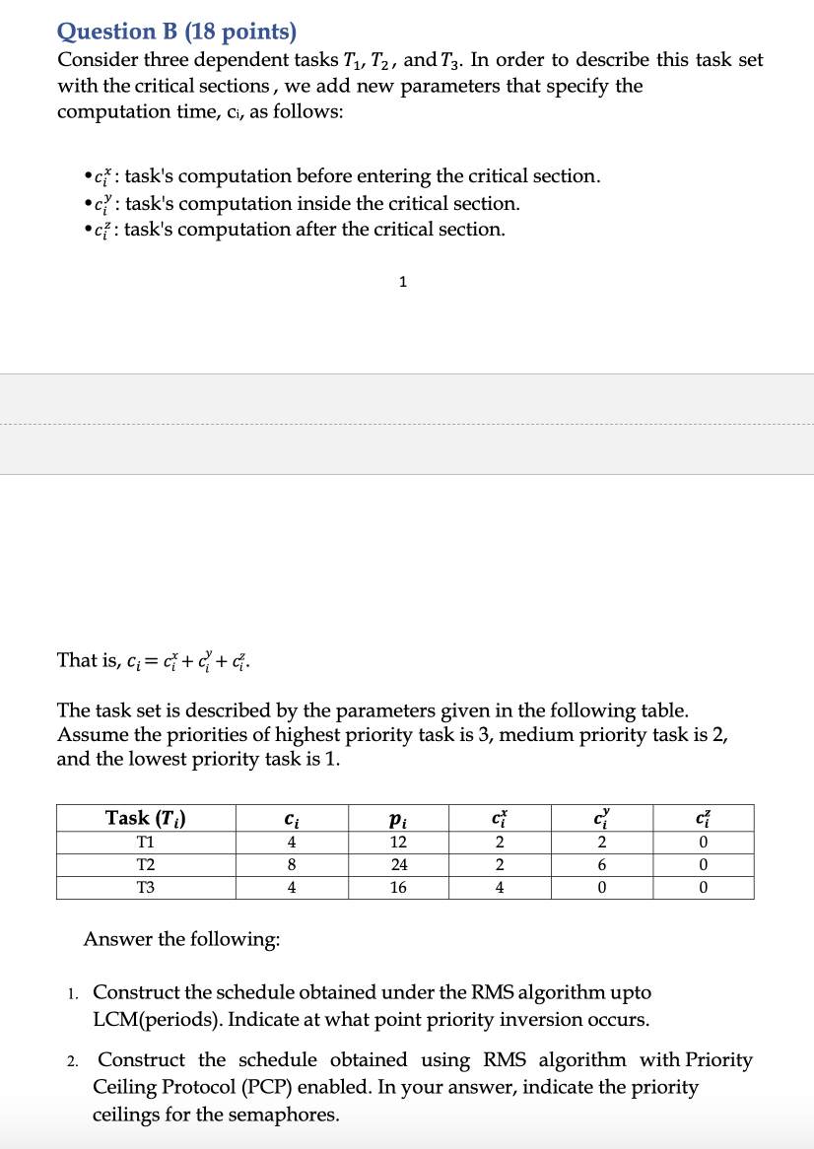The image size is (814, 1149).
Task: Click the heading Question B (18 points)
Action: [176, 32]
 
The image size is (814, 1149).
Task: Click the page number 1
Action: [402, 282]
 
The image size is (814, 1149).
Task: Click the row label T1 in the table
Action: [146, 842]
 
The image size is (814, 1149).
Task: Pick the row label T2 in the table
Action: [146, 864]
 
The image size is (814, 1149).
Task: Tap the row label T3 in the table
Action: [146, 887]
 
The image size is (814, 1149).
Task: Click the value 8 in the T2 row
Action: [291, 864]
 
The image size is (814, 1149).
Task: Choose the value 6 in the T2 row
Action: [602, 864]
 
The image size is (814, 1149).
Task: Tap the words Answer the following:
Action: [181, 939]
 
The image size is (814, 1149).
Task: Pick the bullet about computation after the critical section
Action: [296, 230]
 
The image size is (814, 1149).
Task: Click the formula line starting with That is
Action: [155, 660]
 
